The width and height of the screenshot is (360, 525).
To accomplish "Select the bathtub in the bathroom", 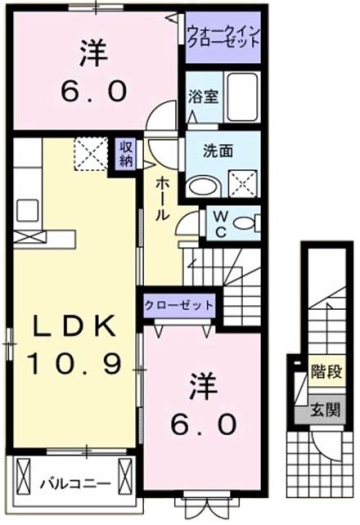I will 239,99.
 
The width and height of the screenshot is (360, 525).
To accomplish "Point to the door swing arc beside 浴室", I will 159,117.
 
